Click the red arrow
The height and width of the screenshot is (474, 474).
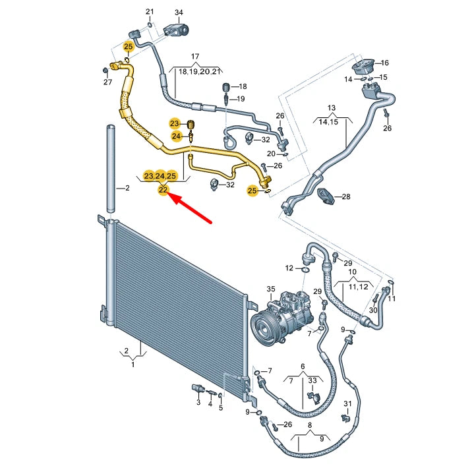tap(191, 210)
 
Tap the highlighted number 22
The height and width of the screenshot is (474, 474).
tap(163, 191)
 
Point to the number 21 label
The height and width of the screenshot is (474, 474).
tap(150, 13)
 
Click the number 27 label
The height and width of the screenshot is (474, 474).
tap(107, 82)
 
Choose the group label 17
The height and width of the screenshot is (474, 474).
tap(195, 57)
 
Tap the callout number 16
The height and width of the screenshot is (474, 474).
tap(384, 63)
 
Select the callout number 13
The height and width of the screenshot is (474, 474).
tap(332, 107)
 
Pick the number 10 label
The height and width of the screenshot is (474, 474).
tap(352, 272)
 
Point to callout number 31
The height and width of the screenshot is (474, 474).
tap(347, 403)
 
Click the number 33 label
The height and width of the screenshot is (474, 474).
tap(312, 381)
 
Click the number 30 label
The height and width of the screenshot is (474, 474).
tap(372, 310)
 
